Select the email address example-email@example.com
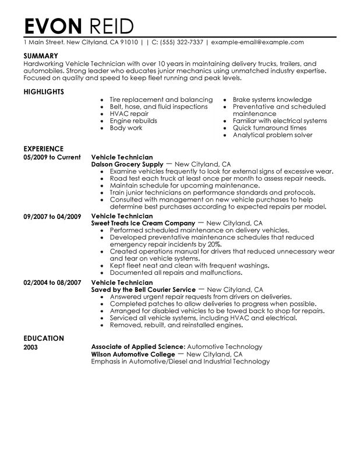[257, 43]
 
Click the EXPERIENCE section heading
[44, 149]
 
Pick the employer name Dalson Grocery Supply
[130, 165]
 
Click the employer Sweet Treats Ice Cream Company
[143, 223]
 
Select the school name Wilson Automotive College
[133, 354]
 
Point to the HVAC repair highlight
[128, 114]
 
